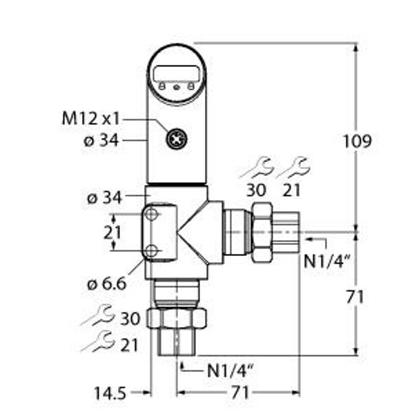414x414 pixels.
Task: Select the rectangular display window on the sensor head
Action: pos(177,72)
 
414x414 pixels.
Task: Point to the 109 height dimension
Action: pos(357,141)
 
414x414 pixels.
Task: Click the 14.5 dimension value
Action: pos(110,393)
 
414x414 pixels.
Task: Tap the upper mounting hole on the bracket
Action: pos(152,216)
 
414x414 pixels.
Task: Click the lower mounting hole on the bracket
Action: pos(152,249)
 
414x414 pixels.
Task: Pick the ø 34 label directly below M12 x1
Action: pos(101,141)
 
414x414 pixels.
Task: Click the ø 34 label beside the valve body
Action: pos(104,199)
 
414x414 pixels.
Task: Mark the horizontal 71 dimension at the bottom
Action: pos(239,393)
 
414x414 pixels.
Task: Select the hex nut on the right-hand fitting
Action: pos(263,232)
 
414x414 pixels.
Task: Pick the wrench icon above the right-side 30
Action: pos(260,167)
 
